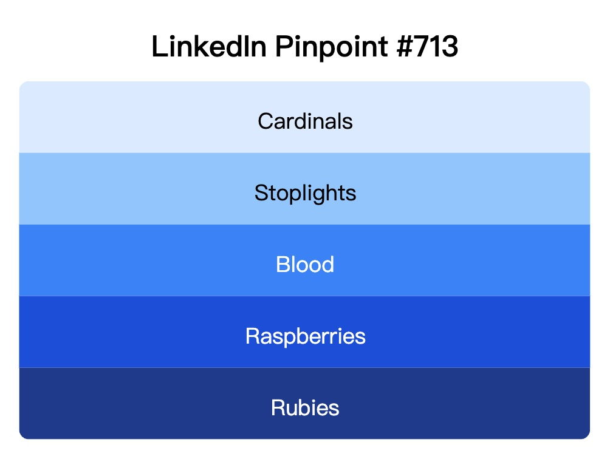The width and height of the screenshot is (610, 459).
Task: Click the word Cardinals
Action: click(x=305, y=121)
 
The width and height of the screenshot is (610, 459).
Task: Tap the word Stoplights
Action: click(x=305, y=193)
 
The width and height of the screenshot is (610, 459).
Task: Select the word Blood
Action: click(x=305, y=265)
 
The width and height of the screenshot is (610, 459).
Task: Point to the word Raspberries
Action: click(x=305, y=336)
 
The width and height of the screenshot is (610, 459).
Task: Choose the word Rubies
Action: click(x=305, y=407)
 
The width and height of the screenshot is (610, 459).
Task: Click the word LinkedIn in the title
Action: click(x=208, y=47)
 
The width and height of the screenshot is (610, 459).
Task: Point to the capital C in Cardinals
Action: click(x=265, y=121)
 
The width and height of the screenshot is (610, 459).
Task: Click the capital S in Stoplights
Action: click(x=261, y=193)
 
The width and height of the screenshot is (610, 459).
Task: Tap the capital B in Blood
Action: click(x=283, y=265)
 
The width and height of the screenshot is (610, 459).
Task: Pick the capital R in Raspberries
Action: click(x=252, y=336)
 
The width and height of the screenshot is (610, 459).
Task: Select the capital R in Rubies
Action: click(x=278, y=407)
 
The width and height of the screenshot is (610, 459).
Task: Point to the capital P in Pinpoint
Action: click(x=284, y=47)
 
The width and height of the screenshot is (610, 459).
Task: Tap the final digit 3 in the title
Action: click(x=450, y=47)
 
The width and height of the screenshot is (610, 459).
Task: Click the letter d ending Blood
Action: click(x=327, y=265)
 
